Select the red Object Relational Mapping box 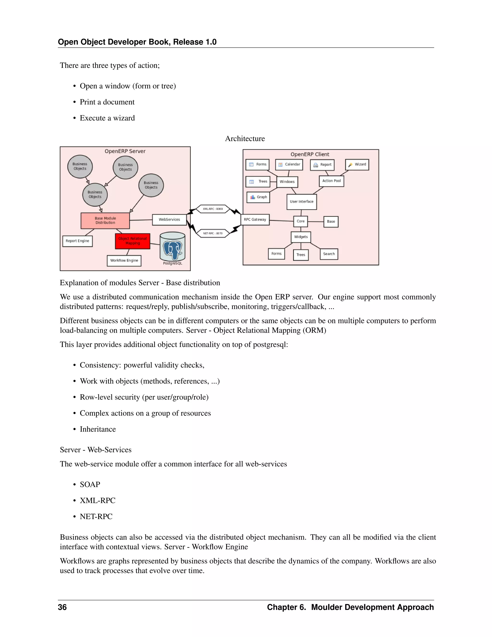pos(133,241)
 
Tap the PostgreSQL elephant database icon pos(172,247)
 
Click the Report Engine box pos(77,241)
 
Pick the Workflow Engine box pos(124,261)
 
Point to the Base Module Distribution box pos(105,220)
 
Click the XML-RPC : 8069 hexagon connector pos(213,209)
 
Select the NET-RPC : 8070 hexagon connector pos(213,233)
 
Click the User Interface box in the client pos(302,201)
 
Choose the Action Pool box pos(331,181)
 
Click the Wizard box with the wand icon pos(357,164)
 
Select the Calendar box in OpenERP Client pos(289,164)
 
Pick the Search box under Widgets pos(329,254)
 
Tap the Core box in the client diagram pos(301,221)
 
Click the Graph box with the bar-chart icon pos(258,197)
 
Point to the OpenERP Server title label pos(125,151)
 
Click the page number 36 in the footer pos(62,607)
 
